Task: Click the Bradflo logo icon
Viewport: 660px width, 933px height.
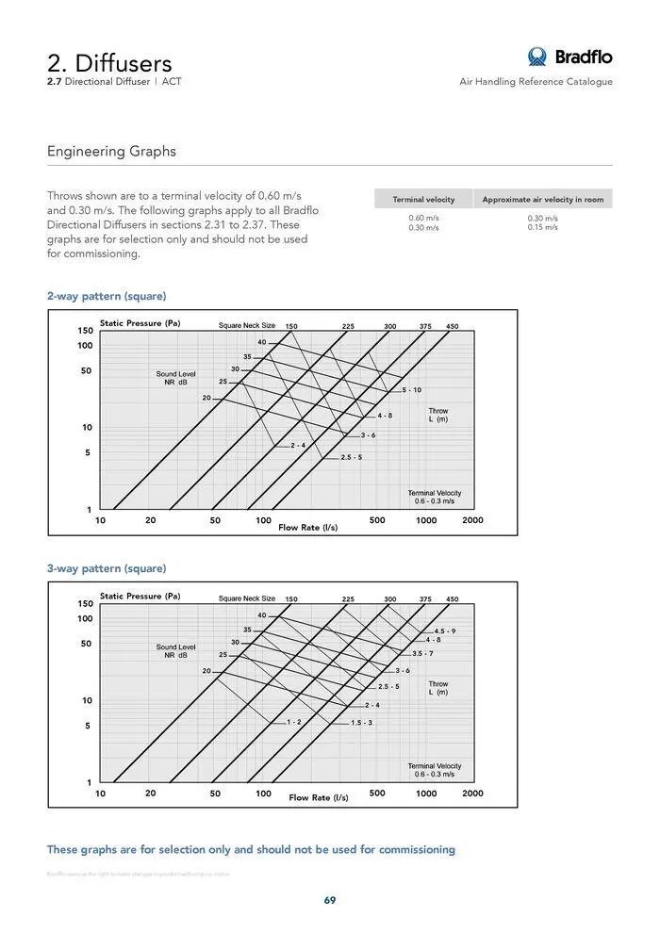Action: (x=537, y=57)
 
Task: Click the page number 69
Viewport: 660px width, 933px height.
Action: (x=330, y=900)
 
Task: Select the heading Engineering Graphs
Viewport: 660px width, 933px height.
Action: (x=111, y=152)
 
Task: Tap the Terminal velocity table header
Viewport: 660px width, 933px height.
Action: (x=423, y=200)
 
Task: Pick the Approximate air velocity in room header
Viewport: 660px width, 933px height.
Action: (x=542, y=200)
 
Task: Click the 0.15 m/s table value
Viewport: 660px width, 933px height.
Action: (x=542, y=227)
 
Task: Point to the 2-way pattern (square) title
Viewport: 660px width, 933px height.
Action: (x=107, y=296)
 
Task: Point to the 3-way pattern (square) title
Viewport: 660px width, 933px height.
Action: (x=107, y=568)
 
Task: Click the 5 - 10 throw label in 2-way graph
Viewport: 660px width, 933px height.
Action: (x=412, y=390)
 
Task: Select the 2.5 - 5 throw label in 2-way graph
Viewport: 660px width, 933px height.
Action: (x=352, y=457)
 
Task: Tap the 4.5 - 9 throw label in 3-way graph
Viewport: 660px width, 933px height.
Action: (x=445, y=630)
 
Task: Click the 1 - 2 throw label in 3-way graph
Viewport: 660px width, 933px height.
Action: (x=294, y=722)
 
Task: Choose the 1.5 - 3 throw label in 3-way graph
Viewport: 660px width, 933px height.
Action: (x=362, y=722)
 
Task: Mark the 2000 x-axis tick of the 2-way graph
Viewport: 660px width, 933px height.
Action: (x=472, y=520)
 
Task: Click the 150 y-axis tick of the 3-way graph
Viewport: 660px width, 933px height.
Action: (x=85, y=603)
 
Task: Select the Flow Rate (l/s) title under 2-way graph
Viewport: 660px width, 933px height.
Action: (x=307, y=528)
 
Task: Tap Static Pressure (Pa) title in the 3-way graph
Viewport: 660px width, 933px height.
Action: (x=140, y=596)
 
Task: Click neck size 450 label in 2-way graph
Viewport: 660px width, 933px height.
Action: (x=452, y=326)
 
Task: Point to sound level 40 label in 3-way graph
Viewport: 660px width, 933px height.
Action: (x=262, y=614)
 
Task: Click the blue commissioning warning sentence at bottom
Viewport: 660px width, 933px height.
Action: (x=251, y=849)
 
